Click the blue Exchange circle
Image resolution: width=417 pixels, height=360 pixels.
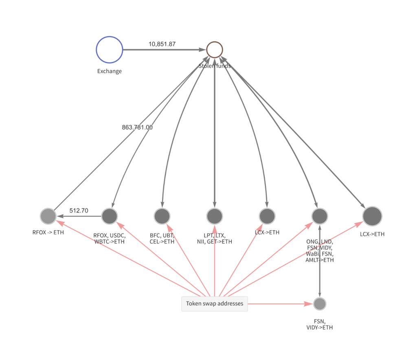pos(109,50)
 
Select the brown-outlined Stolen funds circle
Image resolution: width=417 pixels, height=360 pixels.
pos(214,50)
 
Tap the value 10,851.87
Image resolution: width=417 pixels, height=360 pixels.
pos(162,44)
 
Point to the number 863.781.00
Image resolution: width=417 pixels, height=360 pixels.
pos(137,127)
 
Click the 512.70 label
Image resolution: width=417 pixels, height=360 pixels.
pos(79,211)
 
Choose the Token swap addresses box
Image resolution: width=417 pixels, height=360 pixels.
pos(214,304)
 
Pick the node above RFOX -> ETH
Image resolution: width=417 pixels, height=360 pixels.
pos(48,216)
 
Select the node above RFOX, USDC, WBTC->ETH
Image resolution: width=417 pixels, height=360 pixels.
pos(109,216)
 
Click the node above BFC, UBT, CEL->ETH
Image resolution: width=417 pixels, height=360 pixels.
pos(162,216)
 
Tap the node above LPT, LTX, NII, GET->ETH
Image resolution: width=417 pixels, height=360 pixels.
pos(214,216)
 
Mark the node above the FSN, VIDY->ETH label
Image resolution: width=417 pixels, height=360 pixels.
pos(320,304)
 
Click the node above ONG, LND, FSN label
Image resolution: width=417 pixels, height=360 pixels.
pos(320,216)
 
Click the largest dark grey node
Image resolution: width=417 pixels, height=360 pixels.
pos(372,216)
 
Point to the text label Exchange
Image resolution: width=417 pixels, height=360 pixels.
pos(109,71)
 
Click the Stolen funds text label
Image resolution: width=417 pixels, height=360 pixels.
pos(215,66)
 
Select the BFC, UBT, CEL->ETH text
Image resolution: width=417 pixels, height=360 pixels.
pos(162,238)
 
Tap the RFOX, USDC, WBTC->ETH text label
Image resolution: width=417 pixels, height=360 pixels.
pos(109,238)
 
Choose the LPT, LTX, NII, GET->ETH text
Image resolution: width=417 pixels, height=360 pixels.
pos(214,238)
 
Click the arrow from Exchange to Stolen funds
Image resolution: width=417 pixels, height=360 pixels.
pos(163,50)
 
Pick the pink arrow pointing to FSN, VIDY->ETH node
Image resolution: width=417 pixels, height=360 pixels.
pos(281,304)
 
